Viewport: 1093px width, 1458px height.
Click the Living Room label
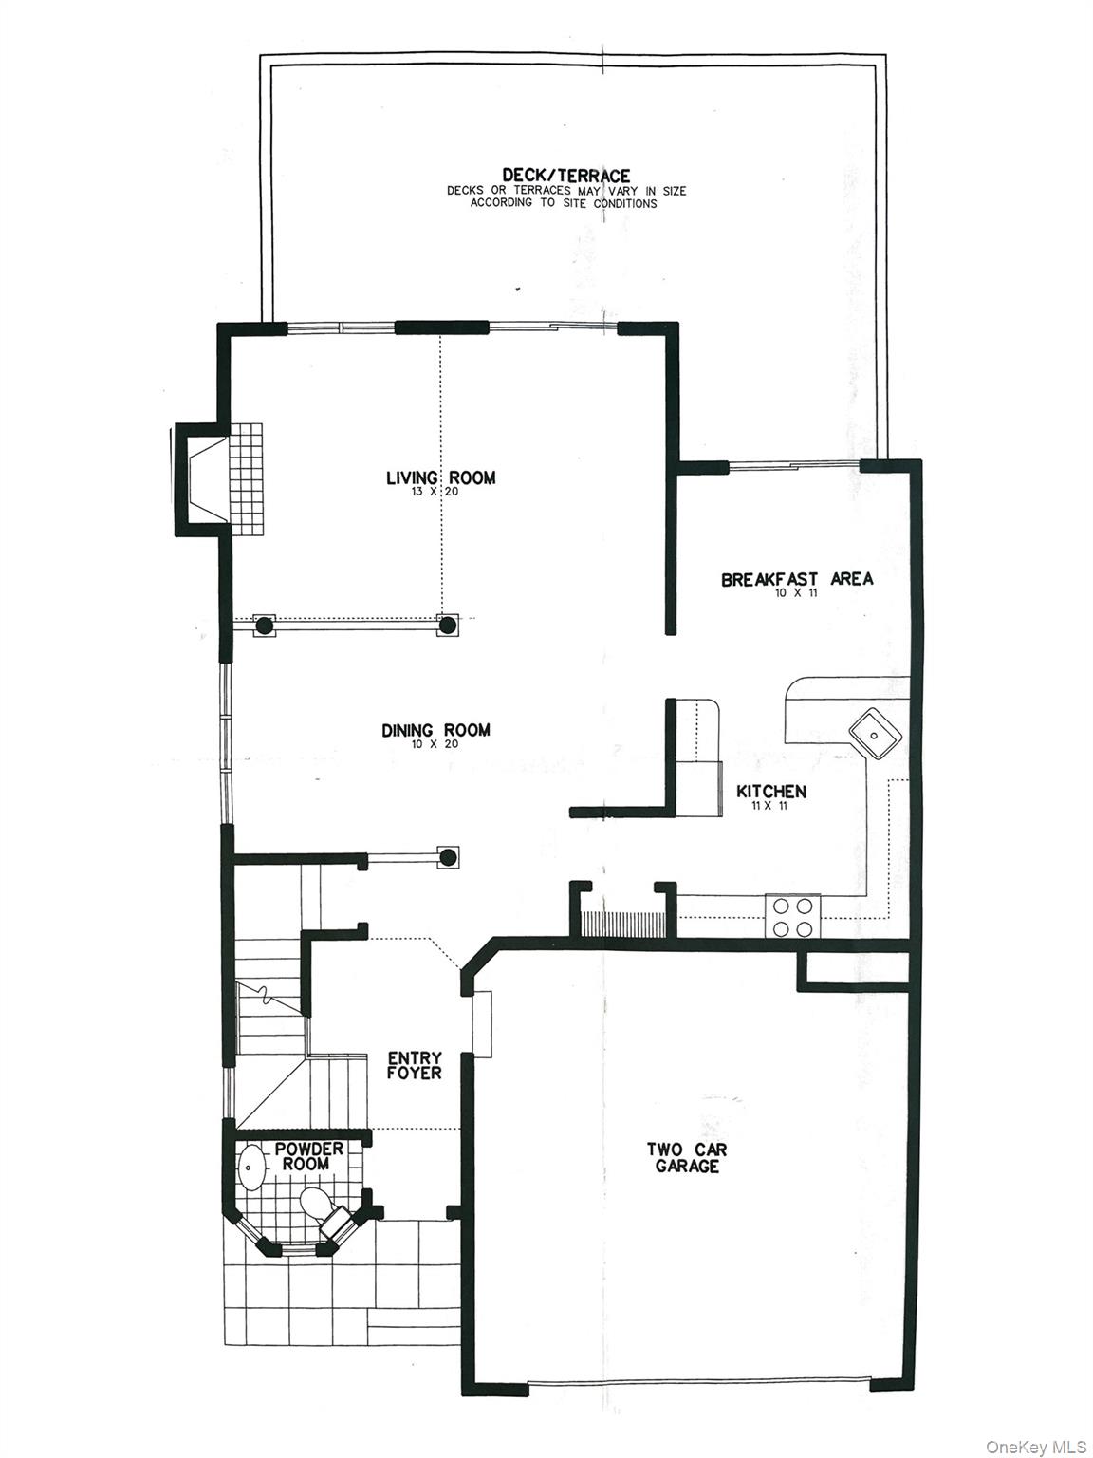pos(440,477)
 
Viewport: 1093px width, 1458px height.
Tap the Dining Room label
pos(435,730)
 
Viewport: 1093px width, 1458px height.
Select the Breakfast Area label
pos(796,579)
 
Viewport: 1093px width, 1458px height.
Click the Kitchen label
pos(771,791)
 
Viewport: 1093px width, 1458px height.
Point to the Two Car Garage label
pos(687,1157)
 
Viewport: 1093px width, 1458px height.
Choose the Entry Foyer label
pos(414,1065)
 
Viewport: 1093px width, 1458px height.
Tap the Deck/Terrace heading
pos(565,176)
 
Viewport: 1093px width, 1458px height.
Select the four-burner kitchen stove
pos(793,917)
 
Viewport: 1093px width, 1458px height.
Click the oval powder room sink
pos(251,1168)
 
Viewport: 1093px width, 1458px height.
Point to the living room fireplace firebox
pos(207,477)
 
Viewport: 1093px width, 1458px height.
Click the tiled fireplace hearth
pos(245,477)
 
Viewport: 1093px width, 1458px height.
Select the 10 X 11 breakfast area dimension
pos(795,593)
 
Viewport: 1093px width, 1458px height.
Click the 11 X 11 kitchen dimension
pos(771,805)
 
